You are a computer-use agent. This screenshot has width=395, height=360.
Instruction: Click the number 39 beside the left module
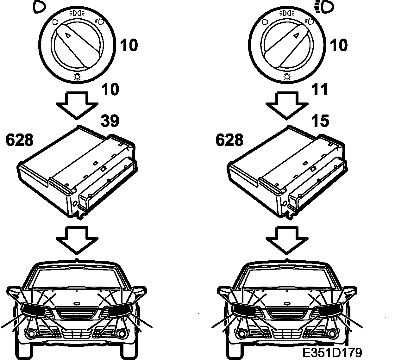pyautogui.click(x=110, y=121)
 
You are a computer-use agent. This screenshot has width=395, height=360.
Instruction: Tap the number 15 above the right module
pyautogui.click(x=320, y=121)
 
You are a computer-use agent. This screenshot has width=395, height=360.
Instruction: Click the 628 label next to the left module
pyautogui.click(x=20, y=140)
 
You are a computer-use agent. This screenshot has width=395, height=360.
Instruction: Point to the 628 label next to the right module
pyautogui.click(x=229, y=140)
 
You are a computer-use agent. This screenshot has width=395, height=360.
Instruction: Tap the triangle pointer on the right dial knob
pyautogui.click(x=296, y=35)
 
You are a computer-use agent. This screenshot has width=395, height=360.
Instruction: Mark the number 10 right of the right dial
pyautogui.click(x=339, y=45)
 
